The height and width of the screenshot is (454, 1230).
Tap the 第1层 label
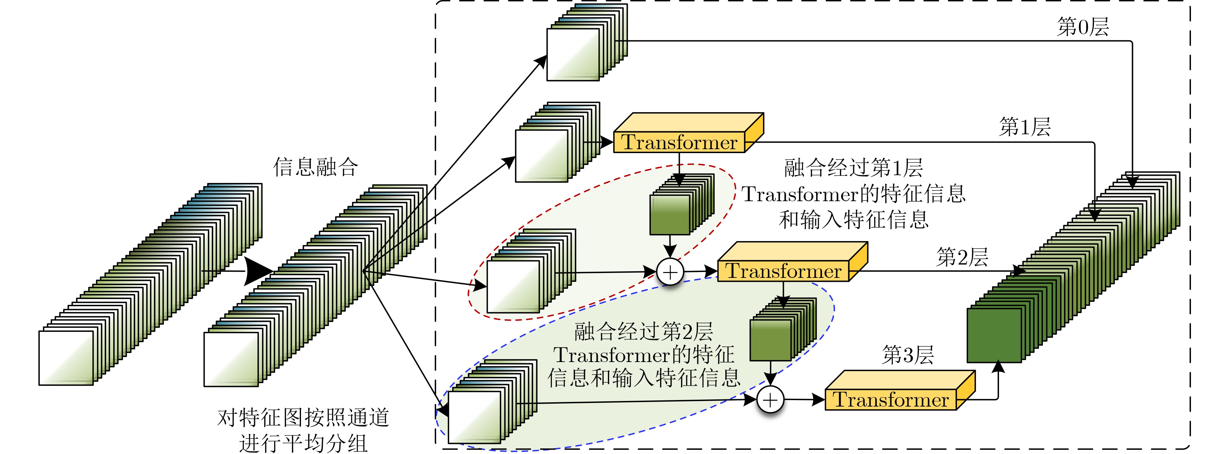(x=1025, y=127)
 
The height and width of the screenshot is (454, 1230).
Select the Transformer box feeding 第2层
(x=792, y=262)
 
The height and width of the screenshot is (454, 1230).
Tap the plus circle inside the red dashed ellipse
(x=670, y=272)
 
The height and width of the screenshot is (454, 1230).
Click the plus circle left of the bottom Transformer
(x=771, y=400)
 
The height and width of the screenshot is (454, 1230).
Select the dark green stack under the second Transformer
(x=783, y=330)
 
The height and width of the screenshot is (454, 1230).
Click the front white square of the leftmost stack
(x=66, y=358)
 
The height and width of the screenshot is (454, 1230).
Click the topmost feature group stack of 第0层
(x=587, y=43)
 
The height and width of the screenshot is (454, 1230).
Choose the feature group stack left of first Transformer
(x=557, y=142)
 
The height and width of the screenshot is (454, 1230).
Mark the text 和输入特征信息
(x=854, y=220)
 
